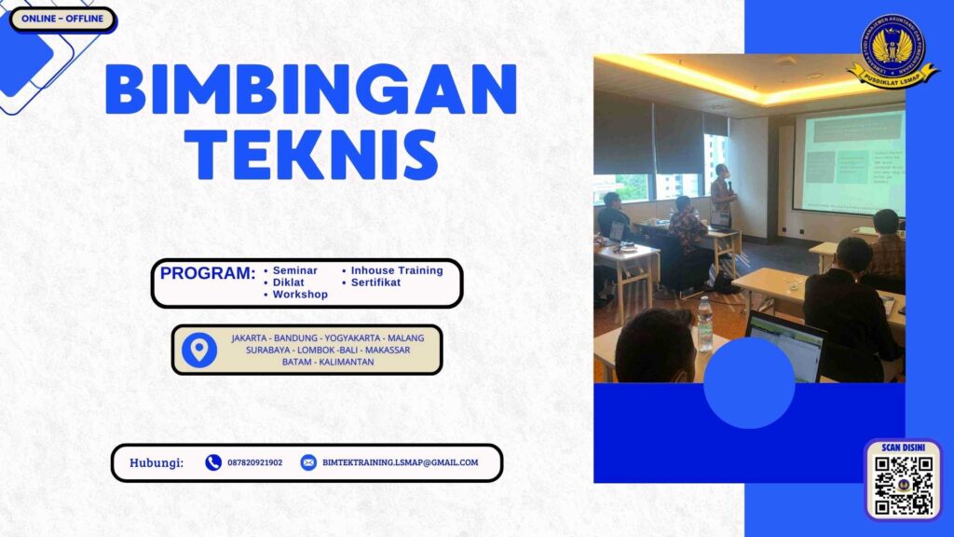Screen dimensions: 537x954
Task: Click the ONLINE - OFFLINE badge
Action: [x=62, y=19]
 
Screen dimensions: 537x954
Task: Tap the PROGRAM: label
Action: [x=207, y=274]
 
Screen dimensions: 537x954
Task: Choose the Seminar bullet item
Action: [x=294, y=270]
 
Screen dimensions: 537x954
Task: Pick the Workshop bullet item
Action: [x=299, y=295]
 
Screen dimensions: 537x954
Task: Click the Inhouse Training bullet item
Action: [x=396, y=270]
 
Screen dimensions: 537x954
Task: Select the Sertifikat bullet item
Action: [x=375, y=282]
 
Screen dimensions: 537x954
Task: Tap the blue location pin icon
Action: [x=199, y=350]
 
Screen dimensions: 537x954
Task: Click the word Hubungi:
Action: [x=157, y=462]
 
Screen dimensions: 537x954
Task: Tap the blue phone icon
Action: [x=213, y=462]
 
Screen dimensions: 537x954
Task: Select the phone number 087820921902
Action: [x=254, y=462]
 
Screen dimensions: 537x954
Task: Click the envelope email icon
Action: [x=308, y=462]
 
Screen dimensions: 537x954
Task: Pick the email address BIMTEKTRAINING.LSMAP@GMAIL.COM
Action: [x=401, y=462]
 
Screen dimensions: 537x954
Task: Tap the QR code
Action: [x=904, y=486]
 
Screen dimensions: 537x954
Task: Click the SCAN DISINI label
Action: [x=904, y=447]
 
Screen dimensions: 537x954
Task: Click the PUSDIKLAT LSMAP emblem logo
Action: [x=893, y=51]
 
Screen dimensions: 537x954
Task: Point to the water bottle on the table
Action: [x=705, y=324]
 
